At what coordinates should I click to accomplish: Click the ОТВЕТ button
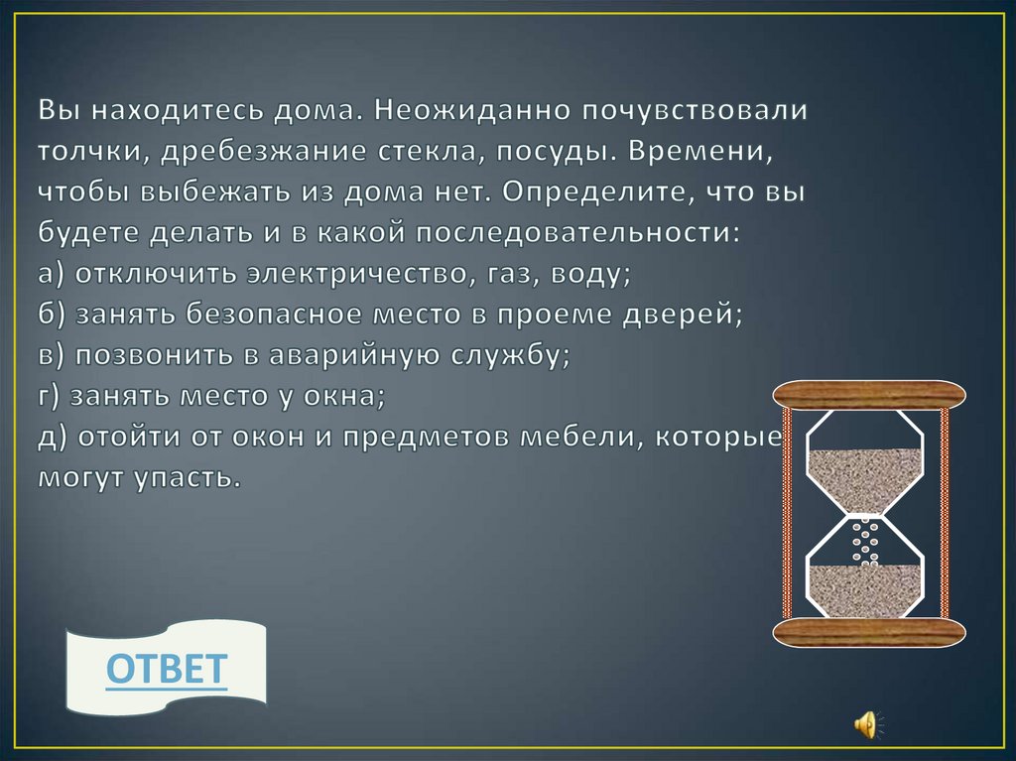coord(167,670)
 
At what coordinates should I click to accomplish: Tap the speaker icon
coord(864,723)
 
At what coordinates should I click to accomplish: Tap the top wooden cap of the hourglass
coord(869,395)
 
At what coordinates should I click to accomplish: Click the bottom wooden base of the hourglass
coord(869,634)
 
